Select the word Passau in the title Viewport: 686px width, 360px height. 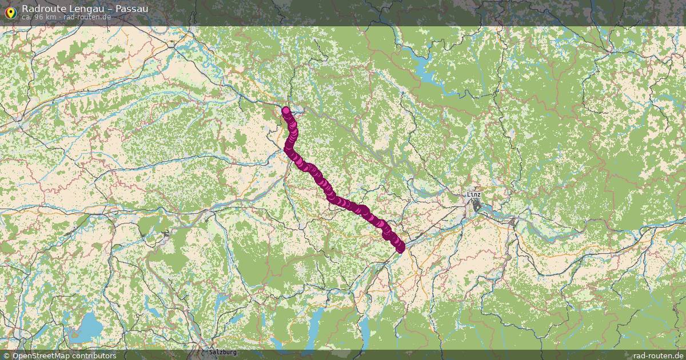(x=131, y=9)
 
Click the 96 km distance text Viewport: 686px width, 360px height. (x=45, y=17)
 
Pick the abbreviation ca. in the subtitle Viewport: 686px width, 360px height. (x=27, y=17)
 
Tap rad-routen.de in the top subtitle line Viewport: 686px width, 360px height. (x=87, y=17)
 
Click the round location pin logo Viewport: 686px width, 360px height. (x=10, y=10)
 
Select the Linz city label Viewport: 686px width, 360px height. (x=474, y=194)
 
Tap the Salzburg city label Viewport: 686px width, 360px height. (x=223, y=353)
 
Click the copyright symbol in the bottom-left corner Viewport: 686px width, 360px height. (x=7, y=355)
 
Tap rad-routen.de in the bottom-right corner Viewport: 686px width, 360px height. (x=659, y=355)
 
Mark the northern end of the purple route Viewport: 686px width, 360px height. (x=286, y=111)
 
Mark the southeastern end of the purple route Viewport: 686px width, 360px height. (x=400, y=247)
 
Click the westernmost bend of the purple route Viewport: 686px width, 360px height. (x=288, y=149)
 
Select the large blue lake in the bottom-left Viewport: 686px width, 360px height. (x=86, y=329)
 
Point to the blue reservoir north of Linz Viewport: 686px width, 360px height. (x=426, y=71)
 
